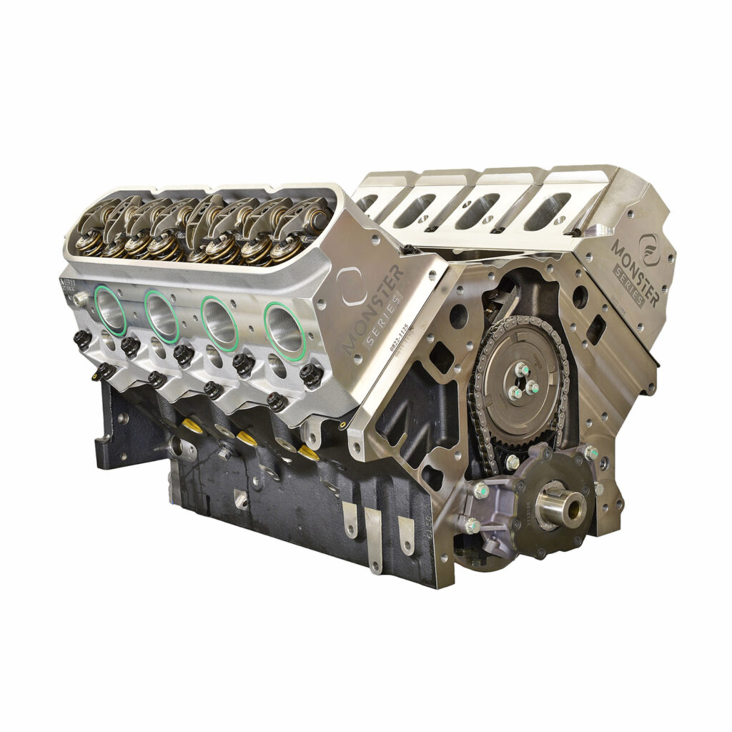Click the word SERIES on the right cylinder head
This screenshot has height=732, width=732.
[x=630, y=287]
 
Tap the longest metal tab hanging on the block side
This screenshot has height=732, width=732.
[x=373, y=540]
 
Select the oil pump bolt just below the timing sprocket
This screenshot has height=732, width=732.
[x=512, y=462]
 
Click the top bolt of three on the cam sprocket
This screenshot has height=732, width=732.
[x=523, y=370]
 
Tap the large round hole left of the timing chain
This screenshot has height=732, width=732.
[x=459, y=315]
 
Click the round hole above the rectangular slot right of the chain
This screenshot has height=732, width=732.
[x=580, y=295]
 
